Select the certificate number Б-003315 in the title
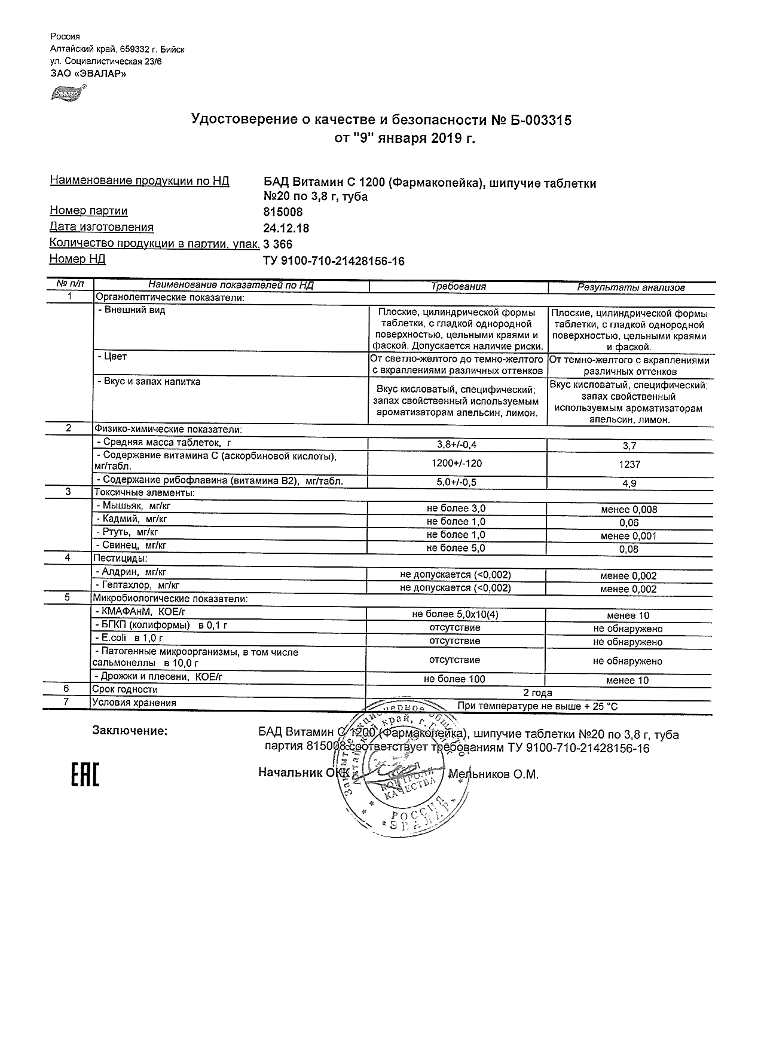531,120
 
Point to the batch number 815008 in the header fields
283,212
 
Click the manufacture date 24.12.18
286,228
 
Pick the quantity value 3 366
278,244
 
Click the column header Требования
459,287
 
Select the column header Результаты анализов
631,287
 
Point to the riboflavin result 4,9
629,483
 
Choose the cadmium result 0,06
629,523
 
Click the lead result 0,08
629,549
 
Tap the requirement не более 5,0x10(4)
456,614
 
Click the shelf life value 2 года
537,693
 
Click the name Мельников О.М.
493,774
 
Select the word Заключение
130,731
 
